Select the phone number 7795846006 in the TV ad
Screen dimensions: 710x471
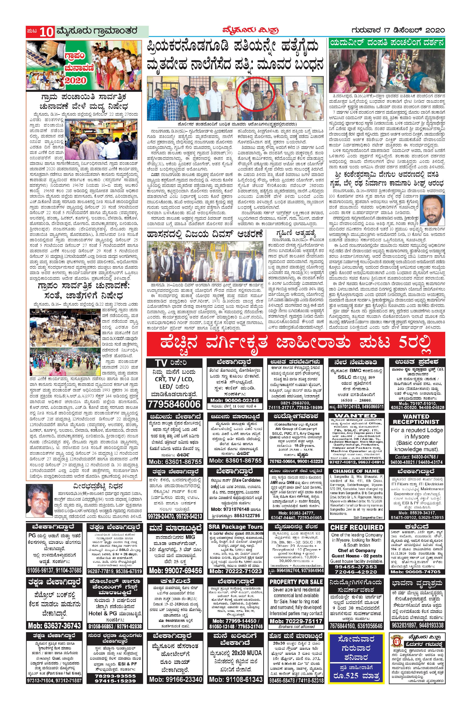click(x=174, y=404)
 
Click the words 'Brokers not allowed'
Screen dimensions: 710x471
click(x=296, y=626)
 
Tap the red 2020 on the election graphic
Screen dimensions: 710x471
click(x=75, y=80)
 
